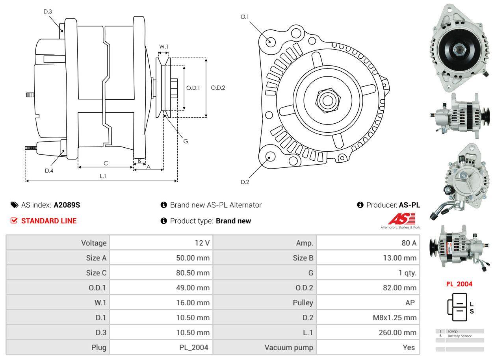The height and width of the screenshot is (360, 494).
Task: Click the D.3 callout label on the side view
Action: coord(48,11)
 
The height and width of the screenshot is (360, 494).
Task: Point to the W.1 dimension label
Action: coord(163,46)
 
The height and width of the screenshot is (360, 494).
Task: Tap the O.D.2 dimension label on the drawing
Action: coord(218,88)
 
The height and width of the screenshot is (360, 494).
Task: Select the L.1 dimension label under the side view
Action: coord(103,176)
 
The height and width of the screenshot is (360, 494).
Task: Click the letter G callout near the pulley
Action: coord(186,141)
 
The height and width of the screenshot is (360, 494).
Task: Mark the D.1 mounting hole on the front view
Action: coord(270,41)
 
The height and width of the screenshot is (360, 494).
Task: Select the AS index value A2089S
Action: coord(67,205)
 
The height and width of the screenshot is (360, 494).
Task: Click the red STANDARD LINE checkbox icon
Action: coord(14,221)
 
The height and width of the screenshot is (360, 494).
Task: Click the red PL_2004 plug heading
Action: coord(459,284)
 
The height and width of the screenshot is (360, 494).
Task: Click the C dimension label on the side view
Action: coord(106,163)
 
